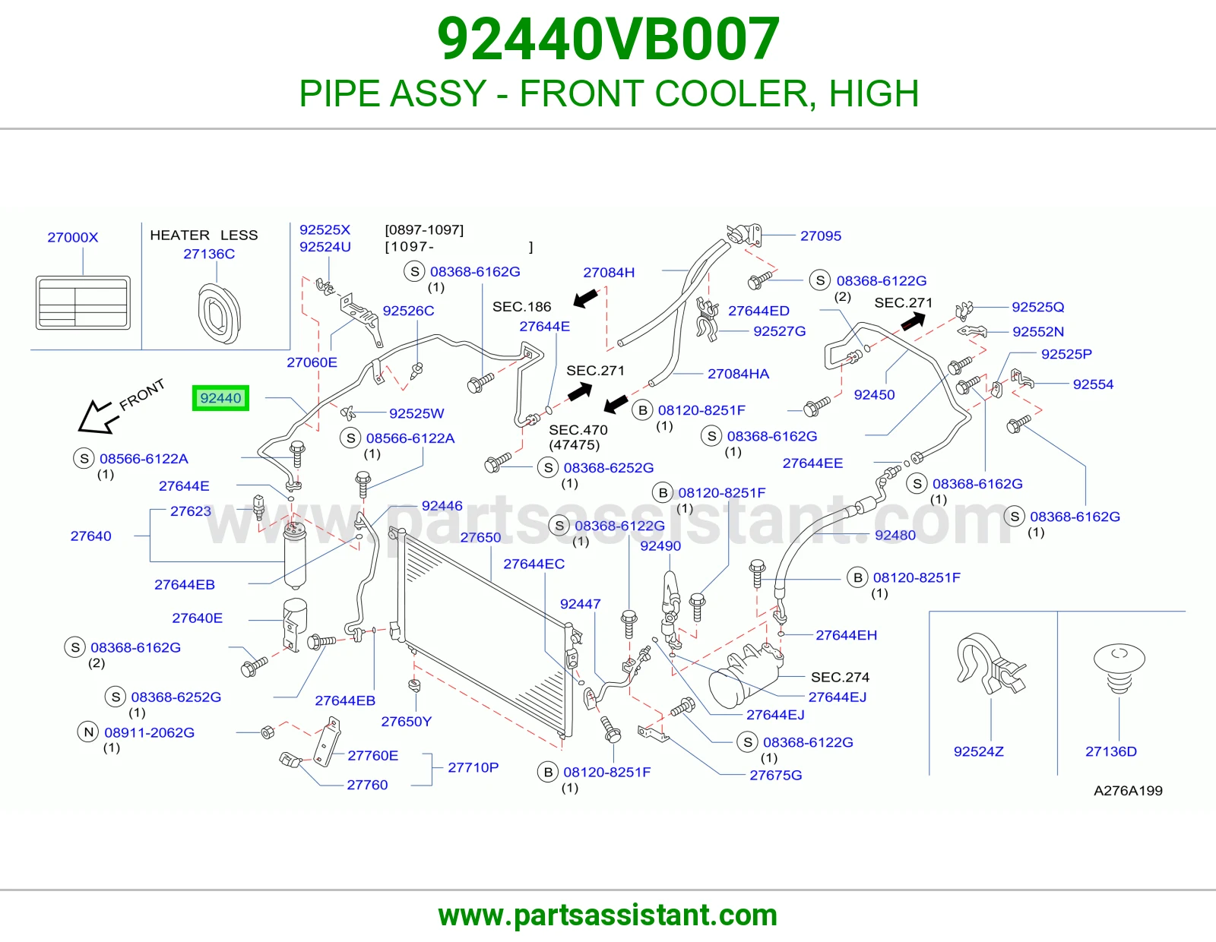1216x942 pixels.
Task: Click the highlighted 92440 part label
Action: pyautogui.click(x=220, y=398)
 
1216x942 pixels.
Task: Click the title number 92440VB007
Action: pyautogui.click(x=608, y=39)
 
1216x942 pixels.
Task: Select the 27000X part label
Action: pyautogui.click(x=73, y=237)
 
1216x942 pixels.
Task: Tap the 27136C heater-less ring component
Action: pyautogui.click(x=220, y=313)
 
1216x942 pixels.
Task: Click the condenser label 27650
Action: pyautogui.click(x=480, y=537)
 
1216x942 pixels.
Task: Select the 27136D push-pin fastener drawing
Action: pyautogui.click(x=1119, y=668)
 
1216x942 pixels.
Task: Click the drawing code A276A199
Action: pyautogui.click(x=1128, y=790)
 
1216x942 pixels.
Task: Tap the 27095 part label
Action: pyautogui.click(x=820, y=235)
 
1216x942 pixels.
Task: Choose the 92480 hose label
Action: pyautogui.click(x=895, y=535)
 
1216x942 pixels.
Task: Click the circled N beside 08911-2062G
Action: pyautogui.click(x=88, y=732)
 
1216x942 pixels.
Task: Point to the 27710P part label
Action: pyautogui.click(x=473, y=767)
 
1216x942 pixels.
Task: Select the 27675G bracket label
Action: pyautogui.click(x=776, y=775)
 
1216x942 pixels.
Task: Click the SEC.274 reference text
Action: pyautogui.click(x=840, y=677)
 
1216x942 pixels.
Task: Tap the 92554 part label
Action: pyautogui.click(x=1093, y=384)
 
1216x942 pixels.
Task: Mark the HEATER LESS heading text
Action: pyautogui.click(x=204, y=235)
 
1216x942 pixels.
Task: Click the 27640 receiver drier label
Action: pyautogui.click(x=90, y=536)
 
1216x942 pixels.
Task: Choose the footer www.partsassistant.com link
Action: pyautogui.click(x=608, y=915)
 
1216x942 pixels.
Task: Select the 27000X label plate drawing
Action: pyautogui.click(x=83, y=302)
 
